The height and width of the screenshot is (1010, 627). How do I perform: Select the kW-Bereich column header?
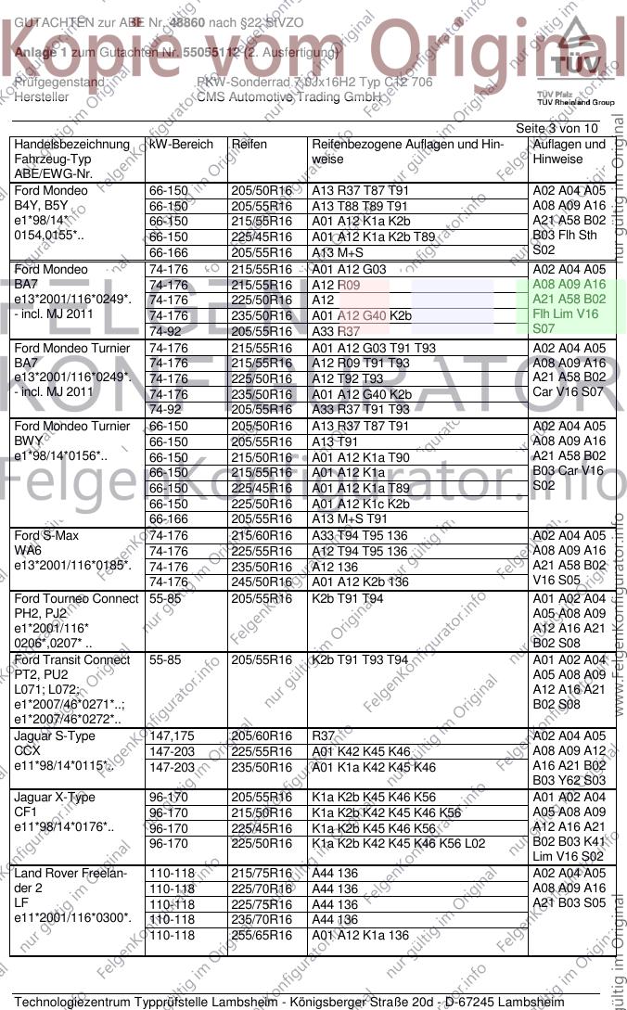coord(181,145)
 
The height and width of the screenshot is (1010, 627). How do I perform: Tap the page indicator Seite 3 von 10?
coord(557,128)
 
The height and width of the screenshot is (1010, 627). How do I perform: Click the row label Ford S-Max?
coord(47,536)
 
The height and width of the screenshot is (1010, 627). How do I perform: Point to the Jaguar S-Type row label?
coord(55,736)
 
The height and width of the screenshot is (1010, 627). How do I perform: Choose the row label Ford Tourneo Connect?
coord(77,599)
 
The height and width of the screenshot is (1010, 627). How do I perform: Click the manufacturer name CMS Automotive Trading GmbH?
coord(289,96)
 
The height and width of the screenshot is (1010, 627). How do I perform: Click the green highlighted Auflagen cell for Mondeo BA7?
coord(569,299)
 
